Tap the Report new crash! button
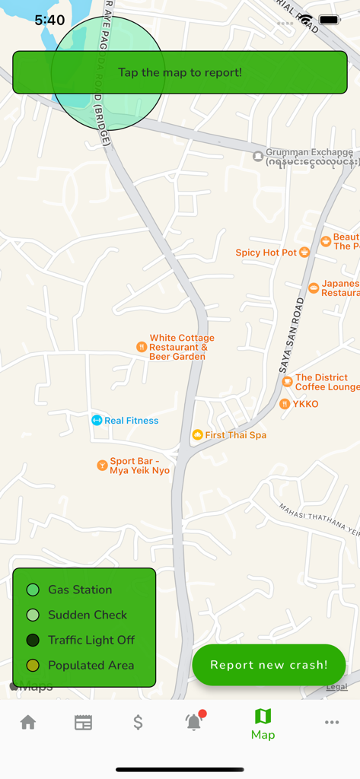point(269,665)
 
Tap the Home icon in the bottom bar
point(28,722)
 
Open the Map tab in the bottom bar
point(263,723)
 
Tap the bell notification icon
point(194,722)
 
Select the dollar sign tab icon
point(138,722)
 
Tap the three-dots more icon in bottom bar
point(332,722)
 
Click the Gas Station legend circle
point(33,590)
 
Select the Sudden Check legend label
point(88,615)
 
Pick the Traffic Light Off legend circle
point(33,640)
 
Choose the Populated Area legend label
point(91,665)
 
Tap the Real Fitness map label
point(131,421)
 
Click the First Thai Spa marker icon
point(197,435)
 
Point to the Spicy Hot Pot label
point(266,253)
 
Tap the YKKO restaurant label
point(305,404)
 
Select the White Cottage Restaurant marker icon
point(141,347)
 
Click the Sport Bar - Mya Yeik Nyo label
point(139,466)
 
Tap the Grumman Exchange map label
point(309,153)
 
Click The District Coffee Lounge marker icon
point(287,382)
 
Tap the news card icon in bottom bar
point(83,722)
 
